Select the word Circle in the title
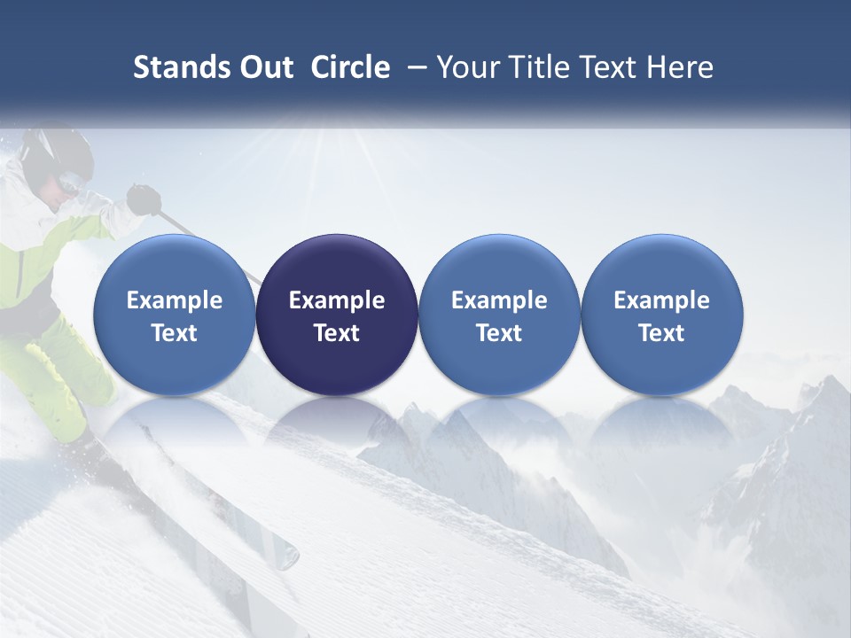[x=350, y=67]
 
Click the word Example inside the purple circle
[x=337, y=300]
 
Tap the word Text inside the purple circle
[x=337, y=333]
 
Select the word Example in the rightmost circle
[x=662, y=300]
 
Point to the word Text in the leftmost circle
[x=174, y=333]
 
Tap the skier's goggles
[x=71, y=185]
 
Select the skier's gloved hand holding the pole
[x=142, y=198]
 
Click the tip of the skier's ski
[x=288, y=556]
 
